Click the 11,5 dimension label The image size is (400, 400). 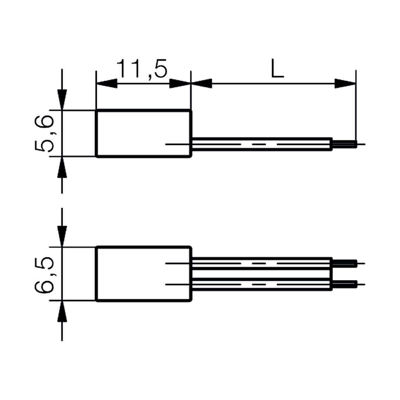tap(142, 69)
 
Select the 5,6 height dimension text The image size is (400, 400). tap(44, 133)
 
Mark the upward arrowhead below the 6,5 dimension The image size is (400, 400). tap(62, 311)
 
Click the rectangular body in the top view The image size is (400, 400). tap(144, 133)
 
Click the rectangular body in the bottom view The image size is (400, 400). tap(144, 274)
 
